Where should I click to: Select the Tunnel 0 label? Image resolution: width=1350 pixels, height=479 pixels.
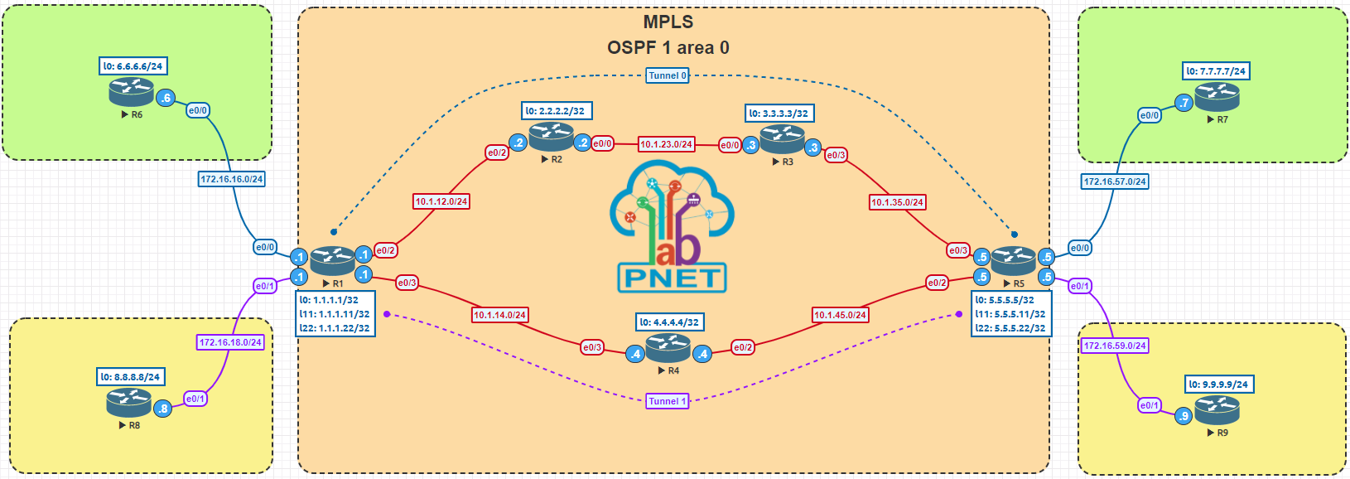668,75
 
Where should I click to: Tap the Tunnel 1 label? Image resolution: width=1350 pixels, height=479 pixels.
668,401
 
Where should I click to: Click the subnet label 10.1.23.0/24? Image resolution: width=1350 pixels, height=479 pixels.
666,144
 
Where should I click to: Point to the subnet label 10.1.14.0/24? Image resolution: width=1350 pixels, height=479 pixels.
499,315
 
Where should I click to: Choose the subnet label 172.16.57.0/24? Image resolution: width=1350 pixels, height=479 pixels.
1115,181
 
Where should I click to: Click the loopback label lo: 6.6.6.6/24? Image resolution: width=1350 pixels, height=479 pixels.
133,66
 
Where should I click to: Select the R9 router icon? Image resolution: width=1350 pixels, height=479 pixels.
1217,410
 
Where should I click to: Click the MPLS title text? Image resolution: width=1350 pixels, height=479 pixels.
668,22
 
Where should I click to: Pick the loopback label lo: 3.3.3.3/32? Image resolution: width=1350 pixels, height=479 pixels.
779,114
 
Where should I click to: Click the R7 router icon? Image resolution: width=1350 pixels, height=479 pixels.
1217,97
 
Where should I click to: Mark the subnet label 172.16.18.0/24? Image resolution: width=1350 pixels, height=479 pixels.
230,342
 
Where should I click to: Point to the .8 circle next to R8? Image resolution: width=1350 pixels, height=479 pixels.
163,409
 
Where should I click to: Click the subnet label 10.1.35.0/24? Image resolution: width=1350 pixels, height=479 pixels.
897,202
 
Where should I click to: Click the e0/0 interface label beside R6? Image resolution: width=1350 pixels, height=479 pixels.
198,110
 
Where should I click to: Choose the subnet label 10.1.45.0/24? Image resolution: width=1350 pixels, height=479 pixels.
840,315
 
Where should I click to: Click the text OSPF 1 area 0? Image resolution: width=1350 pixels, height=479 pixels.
668,48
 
